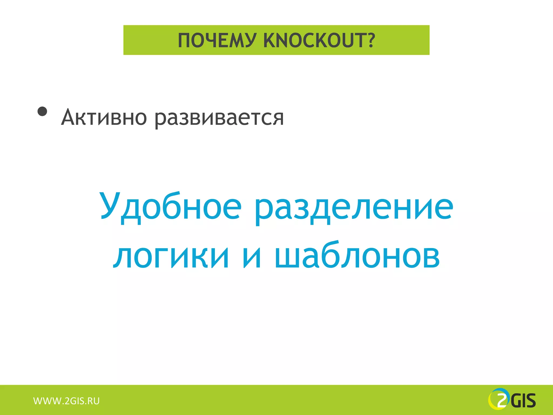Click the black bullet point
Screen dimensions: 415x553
click(42, 111)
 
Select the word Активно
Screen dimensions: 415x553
click(104, 118)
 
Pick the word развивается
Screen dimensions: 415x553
click(219, 118)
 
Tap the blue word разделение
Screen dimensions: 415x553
click(354, 207)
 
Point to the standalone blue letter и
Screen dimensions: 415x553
click(252, 257)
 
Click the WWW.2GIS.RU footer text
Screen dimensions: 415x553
click(66, 401)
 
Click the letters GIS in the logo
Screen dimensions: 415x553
click(523, 401)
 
